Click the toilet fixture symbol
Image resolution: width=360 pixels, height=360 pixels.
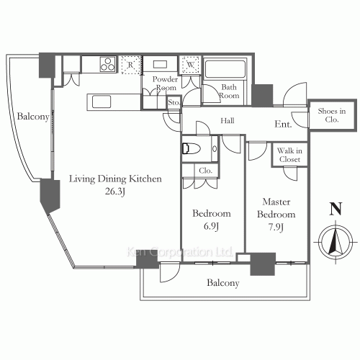(192, 148)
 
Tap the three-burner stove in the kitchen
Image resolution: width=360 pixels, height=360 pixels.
(107, 64)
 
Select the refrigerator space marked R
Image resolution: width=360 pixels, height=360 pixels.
(130, 65)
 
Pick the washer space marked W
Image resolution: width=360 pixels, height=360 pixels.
(191, 65)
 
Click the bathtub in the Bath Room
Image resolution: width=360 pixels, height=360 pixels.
(225, 68)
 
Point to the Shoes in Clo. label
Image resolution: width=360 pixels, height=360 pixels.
(332, 115)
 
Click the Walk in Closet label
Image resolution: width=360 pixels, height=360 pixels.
(289, 155)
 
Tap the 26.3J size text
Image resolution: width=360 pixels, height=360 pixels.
(115, 192)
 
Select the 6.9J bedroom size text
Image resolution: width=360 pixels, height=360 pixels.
(211, 226)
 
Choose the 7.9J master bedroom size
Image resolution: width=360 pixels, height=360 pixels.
(276, 227)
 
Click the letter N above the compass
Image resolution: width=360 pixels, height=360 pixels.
(336, 209)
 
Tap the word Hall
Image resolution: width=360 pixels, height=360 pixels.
(228, 120)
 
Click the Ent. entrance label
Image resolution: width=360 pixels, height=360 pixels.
(283, 124)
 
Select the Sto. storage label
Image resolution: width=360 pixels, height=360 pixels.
(174, 102)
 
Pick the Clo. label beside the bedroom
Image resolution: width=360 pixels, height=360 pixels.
(206, 171)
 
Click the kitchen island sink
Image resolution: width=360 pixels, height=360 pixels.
(102, 102)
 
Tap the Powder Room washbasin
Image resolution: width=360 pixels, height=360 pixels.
(160, 64)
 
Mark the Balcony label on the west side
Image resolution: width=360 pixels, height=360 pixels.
(33, 117)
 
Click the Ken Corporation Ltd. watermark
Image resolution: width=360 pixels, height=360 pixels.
(179, 252)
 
